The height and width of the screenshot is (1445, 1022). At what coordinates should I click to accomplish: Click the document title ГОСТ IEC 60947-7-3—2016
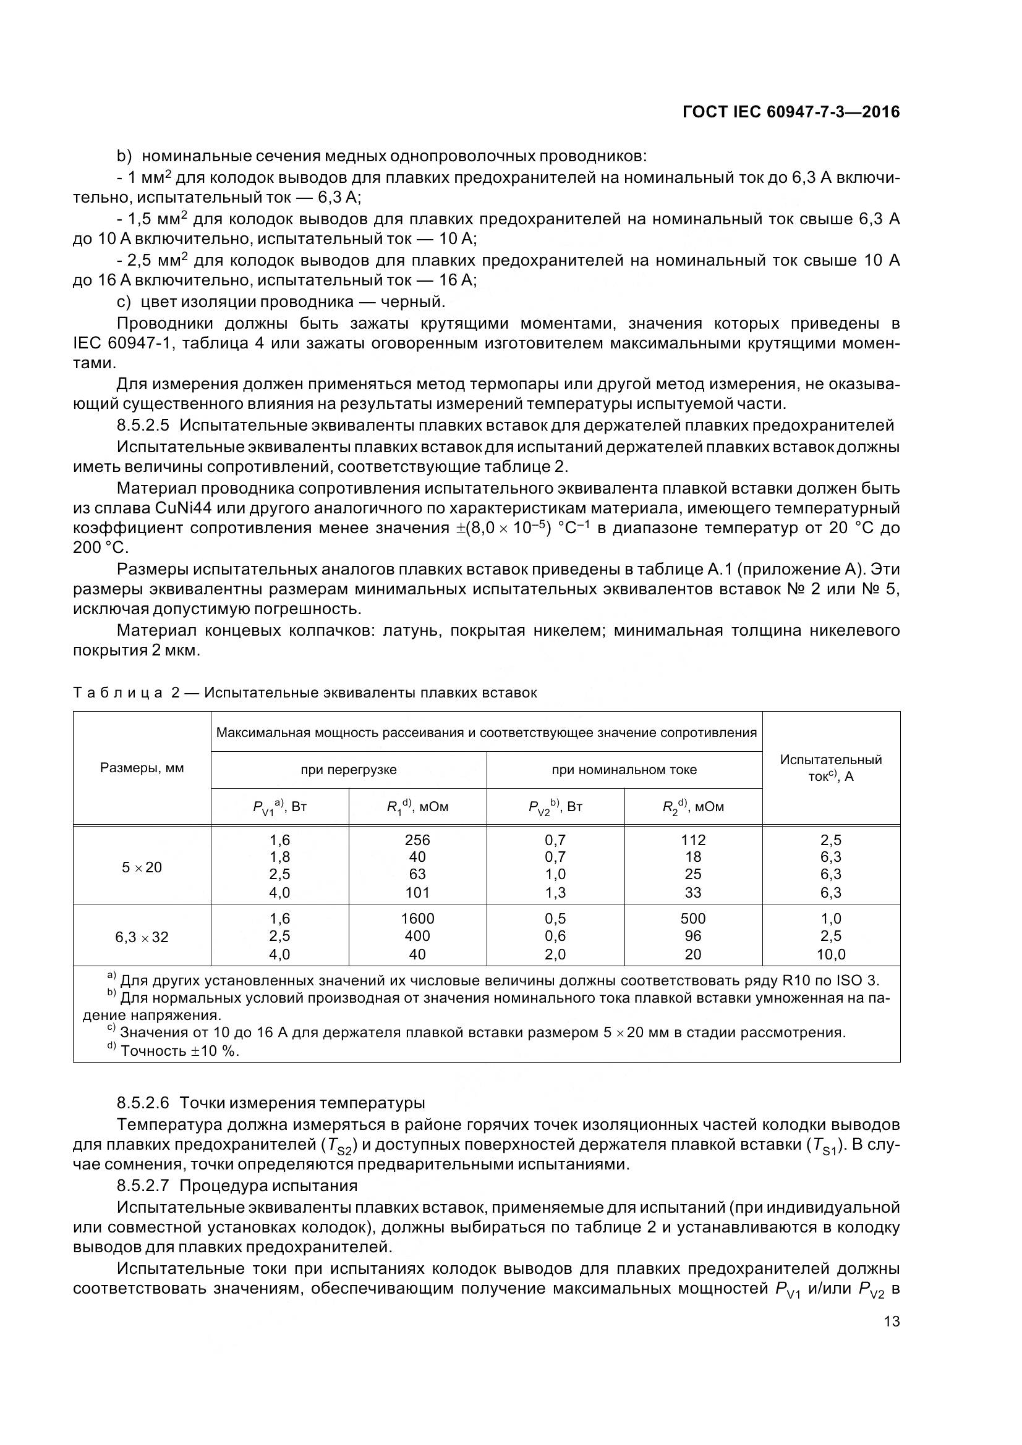(x=790, y=112)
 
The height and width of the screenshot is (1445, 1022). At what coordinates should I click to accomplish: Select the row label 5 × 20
(x=142, y=867)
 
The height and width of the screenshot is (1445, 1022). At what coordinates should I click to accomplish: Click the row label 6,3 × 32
(x=142, y=937)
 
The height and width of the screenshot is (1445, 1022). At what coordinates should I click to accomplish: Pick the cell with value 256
(x=417, y=840)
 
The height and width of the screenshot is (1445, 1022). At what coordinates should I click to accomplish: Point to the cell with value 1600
(x=417, y=919)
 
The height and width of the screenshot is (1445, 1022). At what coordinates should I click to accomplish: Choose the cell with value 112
(x=692, y=840)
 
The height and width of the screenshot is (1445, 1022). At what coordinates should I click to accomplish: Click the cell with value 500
(x=692, y=919)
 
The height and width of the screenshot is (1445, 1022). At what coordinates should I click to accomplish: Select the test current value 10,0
(x=830, y=954)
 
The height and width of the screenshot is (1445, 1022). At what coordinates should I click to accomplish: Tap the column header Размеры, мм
(x=142, y=768)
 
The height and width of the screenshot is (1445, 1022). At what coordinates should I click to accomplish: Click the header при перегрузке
(x=348, y=770)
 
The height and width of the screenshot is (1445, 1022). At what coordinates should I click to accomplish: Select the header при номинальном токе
(x=624, y=770)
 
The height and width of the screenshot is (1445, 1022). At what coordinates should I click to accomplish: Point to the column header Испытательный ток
(x=830, y=768)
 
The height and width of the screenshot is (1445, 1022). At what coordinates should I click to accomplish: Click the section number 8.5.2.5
(x=143, y=426)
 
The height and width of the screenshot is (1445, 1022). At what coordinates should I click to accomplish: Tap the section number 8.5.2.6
(x=143, y=1103)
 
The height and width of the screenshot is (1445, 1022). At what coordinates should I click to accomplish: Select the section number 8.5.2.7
(x=143, y=1186)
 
